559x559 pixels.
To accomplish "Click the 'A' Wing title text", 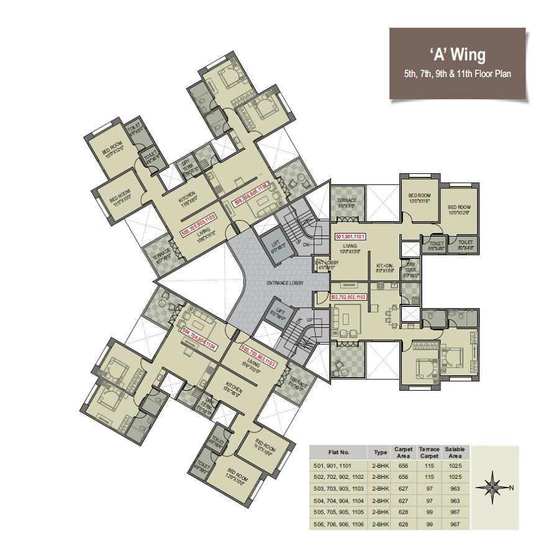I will coord(459,56).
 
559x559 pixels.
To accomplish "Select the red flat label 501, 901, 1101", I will coord(352,237).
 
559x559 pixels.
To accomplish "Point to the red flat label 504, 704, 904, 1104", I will coord(200,339).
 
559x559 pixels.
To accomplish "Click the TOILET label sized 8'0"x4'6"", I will coord(465,244).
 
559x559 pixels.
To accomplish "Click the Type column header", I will coord(378,452).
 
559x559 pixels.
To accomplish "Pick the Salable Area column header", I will coord(458,452).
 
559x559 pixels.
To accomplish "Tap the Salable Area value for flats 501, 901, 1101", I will coord(458,465).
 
